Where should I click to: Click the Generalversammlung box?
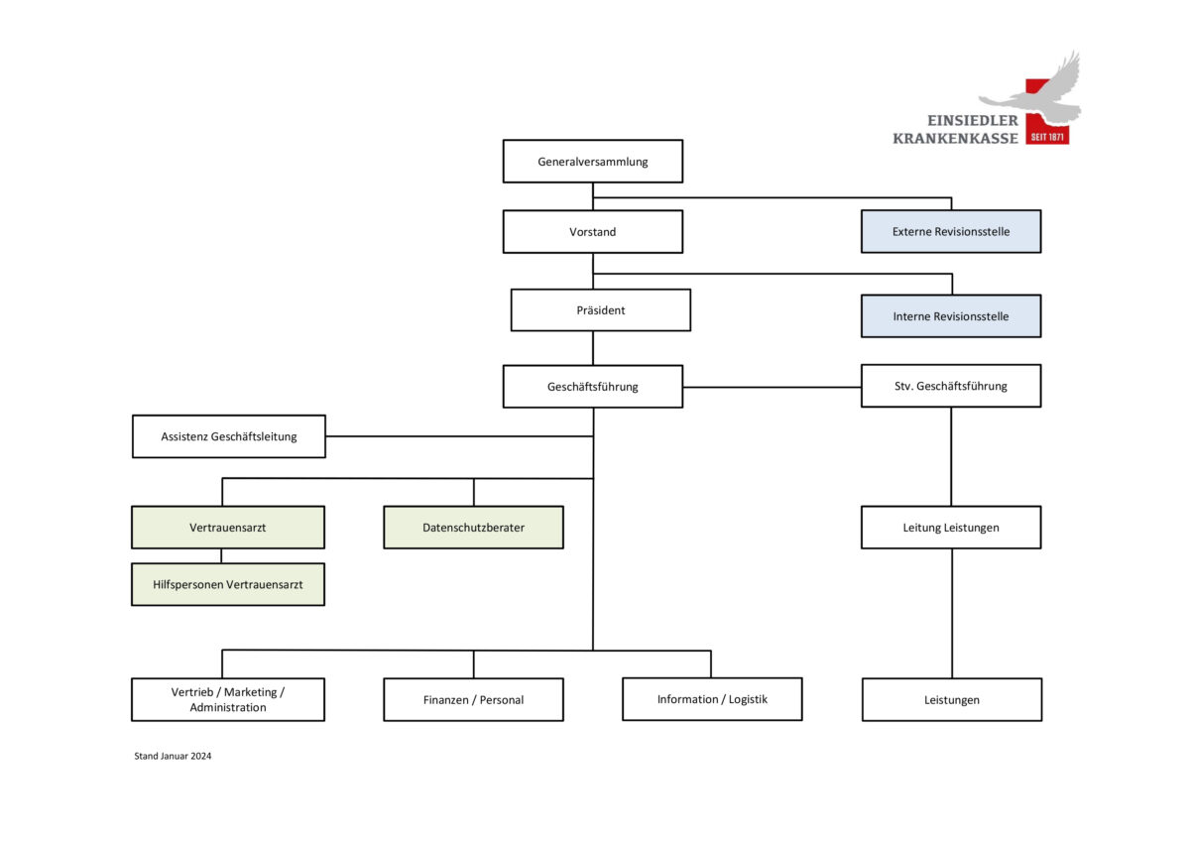click(x=593, y=162)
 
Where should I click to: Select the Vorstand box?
click(x=593, y=232)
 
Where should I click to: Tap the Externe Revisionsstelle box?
click(x=951, y=232)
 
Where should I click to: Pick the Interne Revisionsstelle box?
click(x=951, y=316)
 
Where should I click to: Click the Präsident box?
click(x=601, y=310)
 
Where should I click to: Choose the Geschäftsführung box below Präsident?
click(x=593, y=387)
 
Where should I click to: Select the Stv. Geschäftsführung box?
click(x=951, y=386)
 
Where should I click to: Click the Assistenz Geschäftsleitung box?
click(x=229, y=436)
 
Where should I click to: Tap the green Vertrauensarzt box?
click(x=228, y=528)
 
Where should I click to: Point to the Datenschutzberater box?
click(x=473, y=528)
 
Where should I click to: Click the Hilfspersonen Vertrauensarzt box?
click(x=228, y=584)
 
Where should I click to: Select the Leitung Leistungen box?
click(x=951, y=528)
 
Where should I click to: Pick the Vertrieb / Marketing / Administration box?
click(x=228, y=699)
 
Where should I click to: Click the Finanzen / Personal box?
click(x=473, y=699)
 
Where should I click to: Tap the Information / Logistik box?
click(x=712, y=699)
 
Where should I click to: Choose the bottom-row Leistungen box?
click(x=952, y=699)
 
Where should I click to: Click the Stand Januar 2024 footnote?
click(x=173, y=756)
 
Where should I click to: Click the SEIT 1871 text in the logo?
click(x=1047, y=137)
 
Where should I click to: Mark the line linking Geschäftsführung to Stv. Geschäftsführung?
click(x=772, y=387)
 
